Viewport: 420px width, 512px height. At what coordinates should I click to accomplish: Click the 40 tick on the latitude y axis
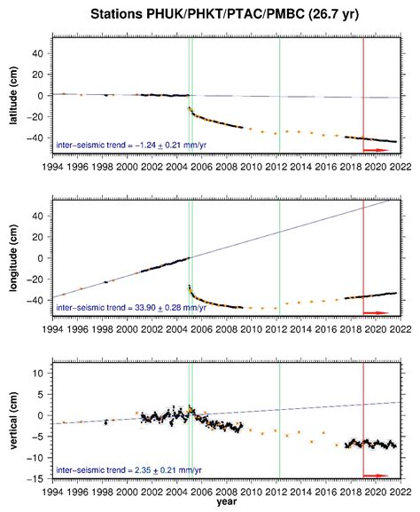point(41,53)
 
